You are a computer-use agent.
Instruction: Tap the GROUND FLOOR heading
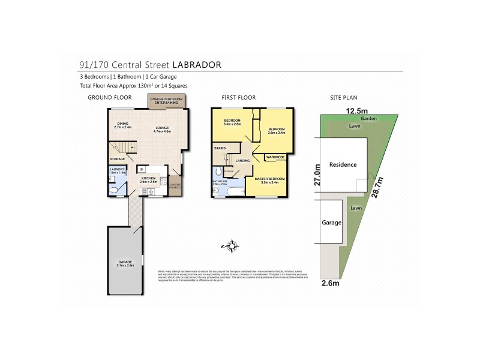110,97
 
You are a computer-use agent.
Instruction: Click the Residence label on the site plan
342,164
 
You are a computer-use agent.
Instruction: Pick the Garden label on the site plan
370,119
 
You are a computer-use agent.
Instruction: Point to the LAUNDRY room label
117,170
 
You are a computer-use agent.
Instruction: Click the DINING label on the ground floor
123,124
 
